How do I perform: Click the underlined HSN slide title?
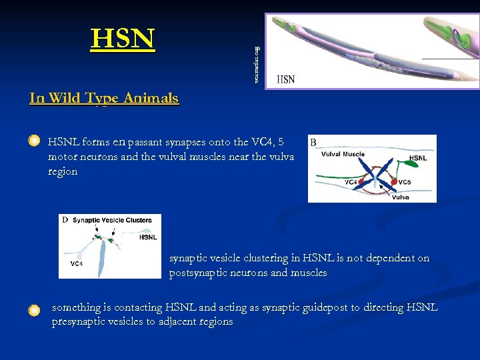pyautogui.click(x=123, y=39)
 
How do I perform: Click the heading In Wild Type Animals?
pyautogui.click(x=104, y=99)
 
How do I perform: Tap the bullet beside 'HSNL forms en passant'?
pyautogui.click(x=34, y=141)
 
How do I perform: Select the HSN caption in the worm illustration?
pyautogui.click(x=285, y=79)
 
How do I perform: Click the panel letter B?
pyautogui.click(x=313, y=142)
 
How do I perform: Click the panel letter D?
pyautogui.click(x=65, y=220)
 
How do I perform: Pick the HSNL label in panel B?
pyautogui.click(x=418, y=158)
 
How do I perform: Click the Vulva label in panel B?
pyautogui.click(x=400, y=197)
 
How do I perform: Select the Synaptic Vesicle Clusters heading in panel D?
pyautogui.click(x=112, y=220)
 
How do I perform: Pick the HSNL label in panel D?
pyautogui.click(x=148, y=237)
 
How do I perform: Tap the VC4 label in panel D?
pyautogui.click(x=76, y=263)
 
